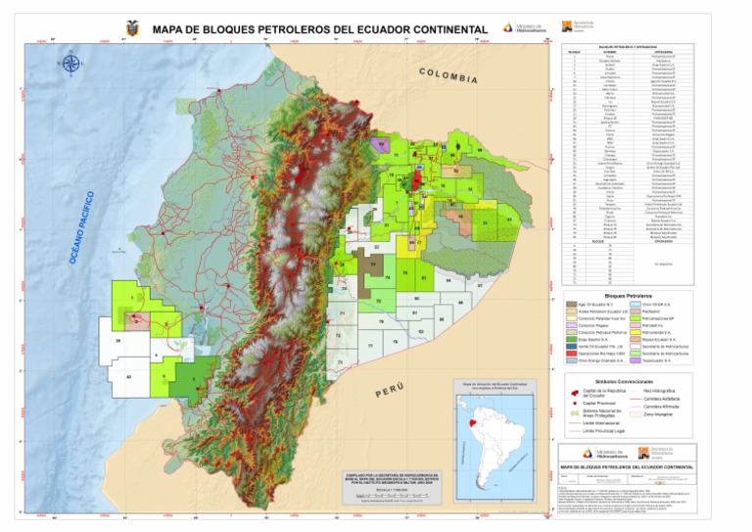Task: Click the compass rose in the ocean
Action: [70, 66]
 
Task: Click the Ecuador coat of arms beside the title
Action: [132, 28]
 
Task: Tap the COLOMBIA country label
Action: [448, 76]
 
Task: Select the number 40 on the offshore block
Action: [128, 376]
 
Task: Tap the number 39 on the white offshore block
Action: [117, 341]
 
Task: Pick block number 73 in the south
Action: [340, 362]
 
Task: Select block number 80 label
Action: [417, 298]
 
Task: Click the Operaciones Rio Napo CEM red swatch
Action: [571, 352]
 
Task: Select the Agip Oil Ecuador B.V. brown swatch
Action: [571, 306]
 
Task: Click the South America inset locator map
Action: [493, 431]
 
